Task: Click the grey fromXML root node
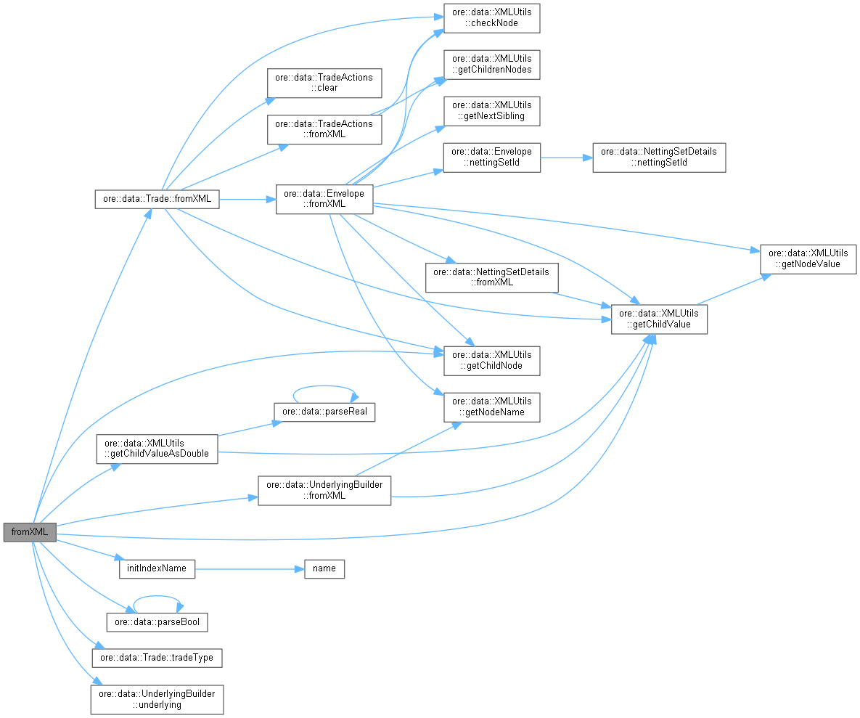(x=29, y=532)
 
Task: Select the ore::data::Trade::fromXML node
(x=157, y=200)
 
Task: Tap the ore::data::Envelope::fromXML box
(x=324, y=200)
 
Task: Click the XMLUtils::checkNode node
(x=491, y=17)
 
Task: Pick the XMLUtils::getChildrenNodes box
(x=491, y=64)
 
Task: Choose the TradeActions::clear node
(x=324, y=83)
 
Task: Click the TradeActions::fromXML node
(x=324, y=129)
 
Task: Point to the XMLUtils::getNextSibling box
(x=491, y=110)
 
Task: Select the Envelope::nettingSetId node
(x=491, y=157)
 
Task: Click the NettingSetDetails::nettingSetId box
(x=659, y=157)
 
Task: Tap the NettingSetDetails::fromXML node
(x=491, y=277)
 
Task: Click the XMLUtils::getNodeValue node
(x=808, y=259)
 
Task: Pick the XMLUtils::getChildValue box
(x=659, y=319)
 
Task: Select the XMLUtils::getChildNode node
(x=491, y=360)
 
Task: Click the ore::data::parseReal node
(x=324, y=412)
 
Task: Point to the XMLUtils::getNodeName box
(x=491, y=407)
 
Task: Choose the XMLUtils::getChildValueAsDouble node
(x=157, y=449)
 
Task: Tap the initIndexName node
(x=157, y=568)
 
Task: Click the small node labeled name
(x=324, y=568)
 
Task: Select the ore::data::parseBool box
(x=157, y=622)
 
